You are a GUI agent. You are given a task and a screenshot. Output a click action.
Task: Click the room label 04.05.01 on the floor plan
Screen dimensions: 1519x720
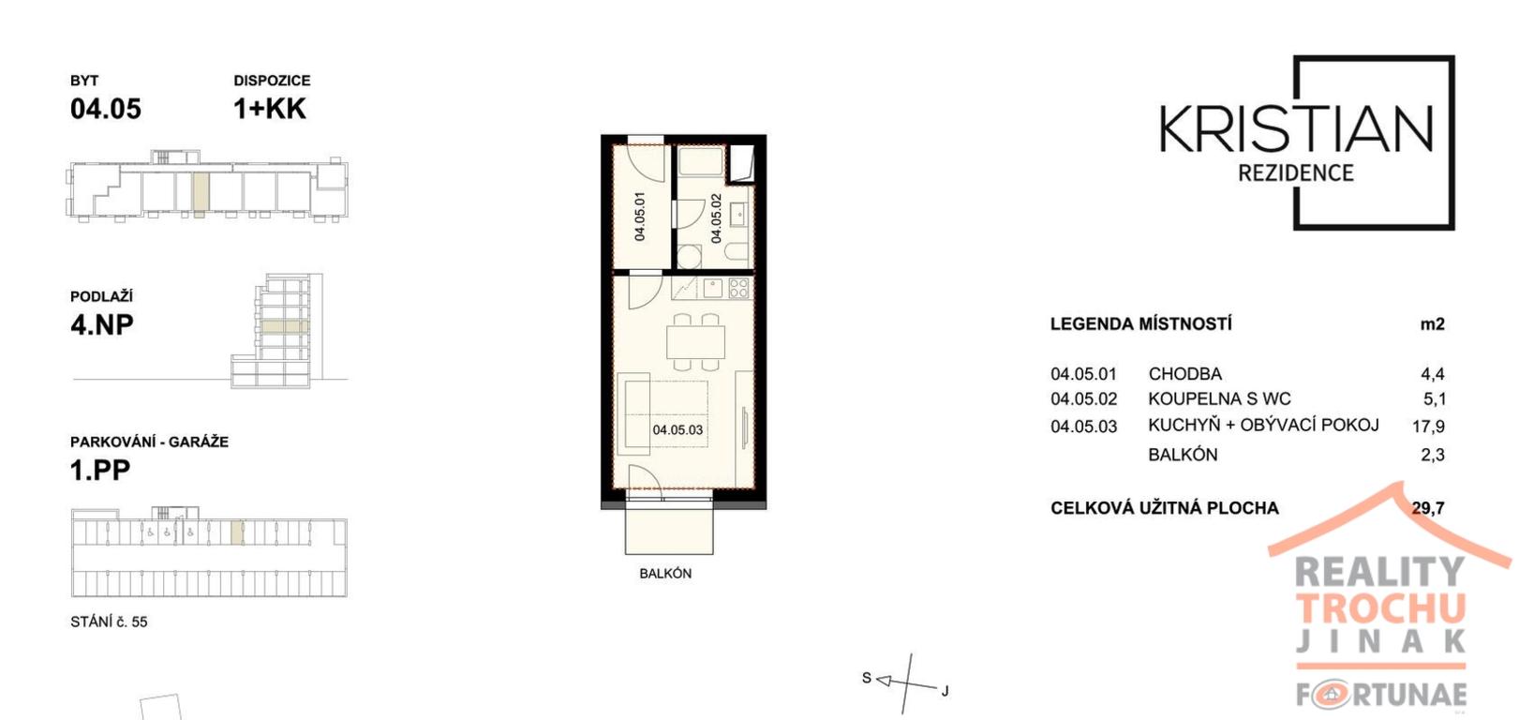[639, 216]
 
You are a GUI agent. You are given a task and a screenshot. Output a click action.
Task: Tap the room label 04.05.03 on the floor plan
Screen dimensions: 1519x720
[678, 430]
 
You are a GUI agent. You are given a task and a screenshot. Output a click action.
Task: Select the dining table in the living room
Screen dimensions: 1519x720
[695, 343]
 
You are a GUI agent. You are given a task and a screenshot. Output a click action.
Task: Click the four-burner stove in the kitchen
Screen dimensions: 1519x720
[739, 289]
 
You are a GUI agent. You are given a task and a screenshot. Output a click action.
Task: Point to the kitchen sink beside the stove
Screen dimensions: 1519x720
[713, 289]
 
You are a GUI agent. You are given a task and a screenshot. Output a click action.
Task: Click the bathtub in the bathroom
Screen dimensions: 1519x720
[703, 163]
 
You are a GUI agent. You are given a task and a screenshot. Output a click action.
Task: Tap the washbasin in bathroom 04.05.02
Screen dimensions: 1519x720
[738, 215]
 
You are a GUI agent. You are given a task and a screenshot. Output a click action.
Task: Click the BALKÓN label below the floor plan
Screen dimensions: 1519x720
[665, 574]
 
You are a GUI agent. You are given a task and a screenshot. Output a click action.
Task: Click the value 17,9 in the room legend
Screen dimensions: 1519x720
[1428, 427]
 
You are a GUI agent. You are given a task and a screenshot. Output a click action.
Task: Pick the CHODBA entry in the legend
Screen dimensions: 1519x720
[1185, 374]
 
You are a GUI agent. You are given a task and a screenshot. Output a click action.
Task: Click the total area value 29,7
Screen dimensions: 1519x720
[1428, 508]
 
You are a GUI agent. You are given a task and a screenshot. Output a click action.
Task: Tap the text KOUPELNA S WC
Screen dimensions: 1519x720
[1219, 399]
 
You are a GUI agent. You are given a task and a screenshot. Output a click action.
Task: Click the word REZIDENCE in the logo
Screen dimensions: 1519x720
[1296, 173]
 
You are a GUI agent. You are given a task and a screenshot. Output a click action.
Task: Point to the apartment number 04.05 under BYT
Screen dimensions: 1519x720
[106, 109]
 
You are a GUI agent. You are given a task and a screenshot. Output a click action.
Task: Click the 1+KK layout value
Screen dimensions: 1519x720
[270, 109]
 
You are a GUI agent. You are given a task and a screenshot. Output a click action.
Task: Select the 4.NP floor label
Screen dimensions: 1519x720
[102, 325]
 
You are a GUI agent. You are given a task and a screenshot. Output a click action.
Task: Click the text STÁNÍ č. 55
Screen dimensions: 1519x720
[109, 622]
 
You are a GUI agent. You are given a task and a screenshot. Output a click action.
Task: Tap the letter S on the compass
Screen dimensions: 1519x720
[866, 678]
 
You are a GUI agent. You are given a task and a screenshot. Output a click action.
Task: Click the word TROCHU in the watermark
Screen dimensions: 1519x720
[1380, 608]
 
